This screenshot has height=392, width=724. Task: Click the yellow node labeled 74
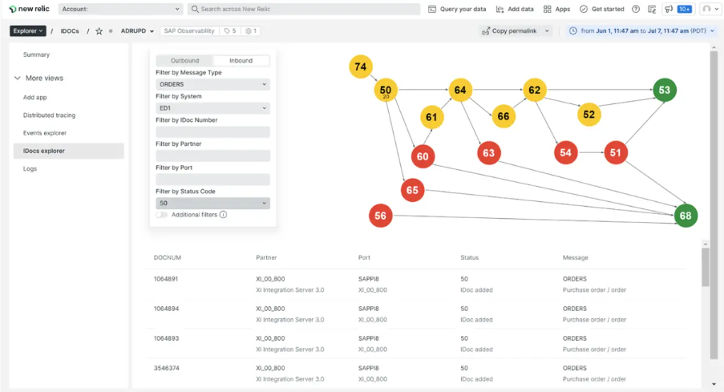pos(361,67)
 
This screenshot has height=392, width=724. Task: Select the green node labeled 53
pos(665,90)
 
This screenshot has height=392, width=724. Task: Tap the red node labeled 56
pos(381,216)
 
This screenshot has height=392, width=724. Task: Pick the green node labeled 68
pos(686,216)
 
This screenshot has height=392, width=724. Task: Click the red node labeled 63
pos(488,153)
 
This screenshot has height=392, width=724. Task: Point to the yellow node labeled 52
pos(589,115)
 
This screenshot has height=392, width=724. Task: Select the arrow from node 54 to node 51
pos(591,152)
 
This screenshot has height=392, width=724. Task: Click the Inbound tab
pos(241,60)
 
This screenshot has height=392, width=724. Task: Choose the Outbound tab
pos(184,60)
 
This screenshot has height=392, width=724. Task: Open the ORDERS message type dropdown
pos(212,84)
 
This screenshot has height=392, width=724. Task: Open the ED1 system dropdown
pos(212,108)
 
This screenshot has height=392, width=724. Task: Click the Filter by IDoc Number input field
pos(212,132)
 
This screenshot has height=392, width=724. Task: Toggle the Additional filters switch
pos(162,215)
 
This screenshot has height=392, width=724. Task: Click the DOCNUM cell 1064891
pos(166,279)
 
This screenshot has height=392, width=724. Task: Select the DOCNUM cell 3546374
pos(166,368)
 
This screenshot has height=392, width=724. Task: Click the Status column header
pos(469,257)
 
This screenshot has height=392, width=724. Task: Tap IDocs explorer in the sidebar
pos(44,151)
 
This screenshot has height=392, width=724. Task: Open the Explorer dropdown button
pos(28,31)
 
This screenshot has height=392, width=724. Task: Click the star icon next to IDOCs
pos(99,31)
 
